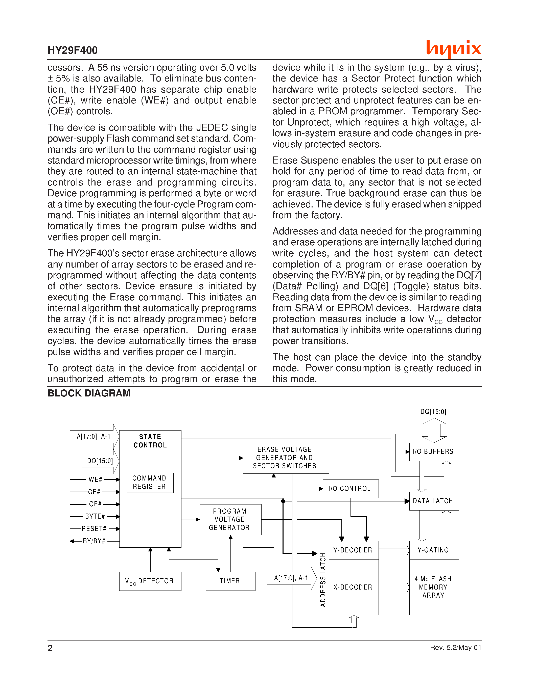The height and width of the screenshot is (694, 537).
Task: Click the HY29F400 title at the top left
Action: [73, 50]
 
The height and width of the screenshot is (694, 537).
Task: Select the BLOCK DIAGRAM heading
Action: [89, 393]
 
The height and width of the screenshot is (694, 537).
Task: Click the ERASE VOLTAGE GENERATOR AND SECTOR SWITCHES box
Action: [286, 458]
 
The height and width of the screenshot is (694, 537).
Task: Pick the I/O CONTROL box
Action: [351, 488]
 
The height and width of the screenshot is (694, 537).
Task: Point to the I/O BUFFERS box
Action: [434, 451]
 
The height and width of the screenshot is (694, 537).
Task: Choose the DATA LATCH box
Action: [434, 501]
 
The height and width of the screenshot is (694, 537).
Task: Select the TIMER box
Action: [230, 581]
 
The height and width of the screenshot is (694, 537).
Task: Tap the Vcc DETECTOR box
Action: [150, 581]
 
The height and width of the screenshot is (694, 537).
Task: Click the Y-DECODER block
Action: [353, 550]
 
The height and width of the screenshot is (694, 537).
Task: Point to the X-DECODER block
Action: [353, 587]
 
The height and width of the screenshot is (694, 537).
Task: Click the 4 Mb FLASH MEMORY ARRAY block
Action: [434, 587]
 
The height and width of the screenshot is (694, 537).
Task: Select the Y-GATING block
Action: [434, 550]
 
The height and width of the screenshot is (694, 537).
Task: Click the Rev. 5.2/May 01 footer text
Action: [456, 648]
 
